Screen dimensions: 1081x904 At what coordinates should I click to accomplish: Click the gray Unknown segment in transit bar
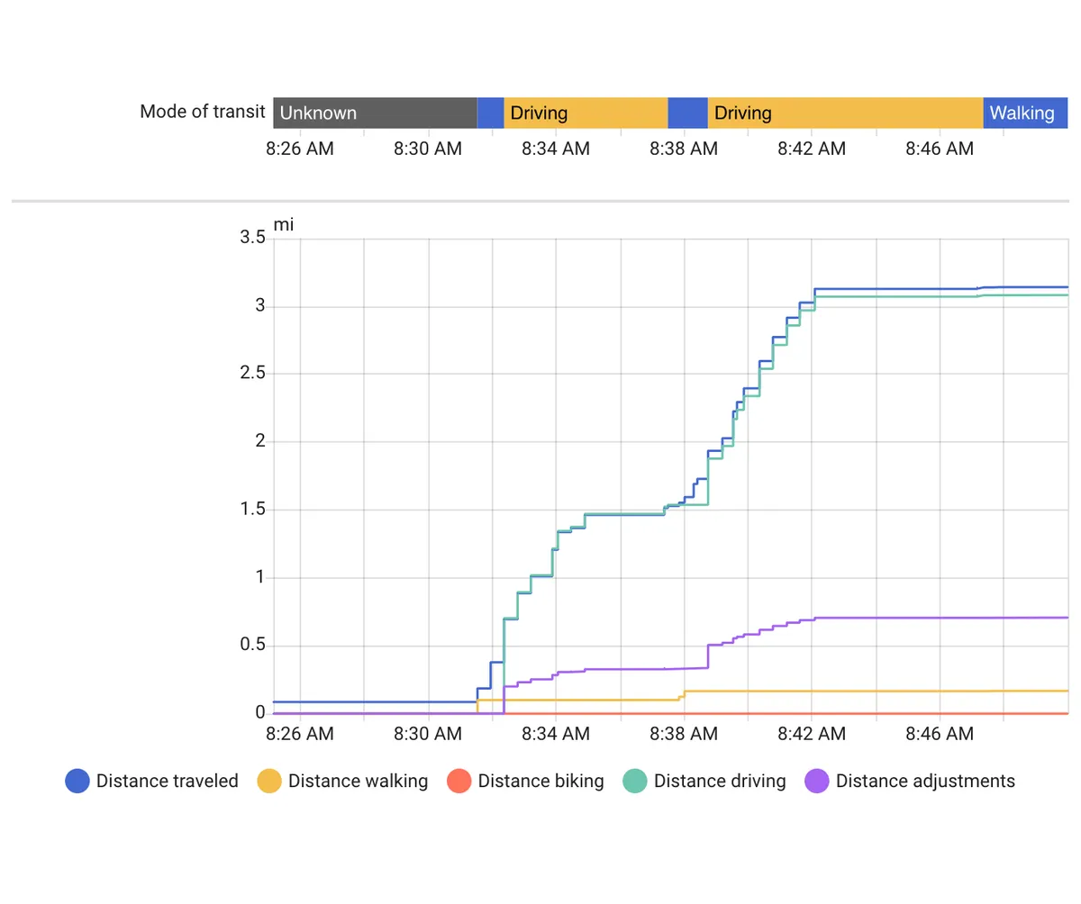(375, 113)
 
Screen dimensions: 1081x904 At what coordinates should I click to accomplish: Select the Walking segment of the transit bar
(1024, 113)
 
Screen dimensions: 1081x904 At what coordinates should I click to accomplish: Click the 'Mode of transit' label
(202, 112)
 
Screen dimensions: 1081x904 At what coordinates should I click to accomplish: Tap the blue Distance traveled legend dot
(77, 781)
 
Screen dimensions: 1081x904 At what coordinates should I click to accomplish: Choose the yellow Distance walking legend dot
(268, 781)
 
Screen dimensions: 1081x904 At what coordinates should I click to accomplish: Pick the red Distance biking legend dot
(459, 781)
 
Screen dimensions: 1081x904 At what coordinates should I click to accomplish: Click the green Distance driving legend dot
(634, 781)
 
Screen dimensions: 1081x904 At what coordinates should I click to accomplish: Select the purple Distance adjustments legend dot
(816, 781)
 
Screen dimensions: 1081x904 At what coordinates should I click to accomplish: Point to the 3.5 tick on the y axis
(252, 237)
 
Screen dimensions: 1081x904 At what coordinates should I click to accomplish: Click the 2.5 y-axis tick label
(252, 372)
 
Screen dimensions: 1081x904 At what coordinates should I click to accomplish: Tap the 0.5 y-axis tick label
(252, 644)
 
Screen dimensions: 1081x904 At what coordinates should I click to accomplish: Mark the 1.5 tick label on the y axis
(252, 508)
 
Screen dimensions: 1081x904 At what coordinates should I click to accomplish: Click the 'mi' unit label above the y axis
(283, 224)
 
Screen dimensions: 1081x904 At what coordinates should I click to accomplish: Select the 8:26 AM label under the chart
(300, 733)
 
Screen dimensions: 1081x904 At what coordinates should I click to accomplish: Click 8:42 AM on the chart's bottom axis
(812, 733)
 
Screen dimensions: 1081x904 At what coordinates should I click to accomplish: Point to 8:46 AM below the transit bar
(940, 149)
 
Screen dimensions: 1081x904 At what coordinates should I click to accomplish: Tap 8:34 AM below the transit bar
(556, 149)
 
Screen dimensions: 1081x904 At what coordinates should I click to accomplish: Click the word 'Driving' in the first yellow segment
(539, 113)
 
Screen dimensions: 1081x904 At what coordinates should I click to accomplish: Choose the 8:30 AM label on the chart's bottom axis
(428, 733)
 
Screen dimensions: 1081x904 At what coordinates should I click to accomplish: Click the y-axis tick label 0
(260, 711)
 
